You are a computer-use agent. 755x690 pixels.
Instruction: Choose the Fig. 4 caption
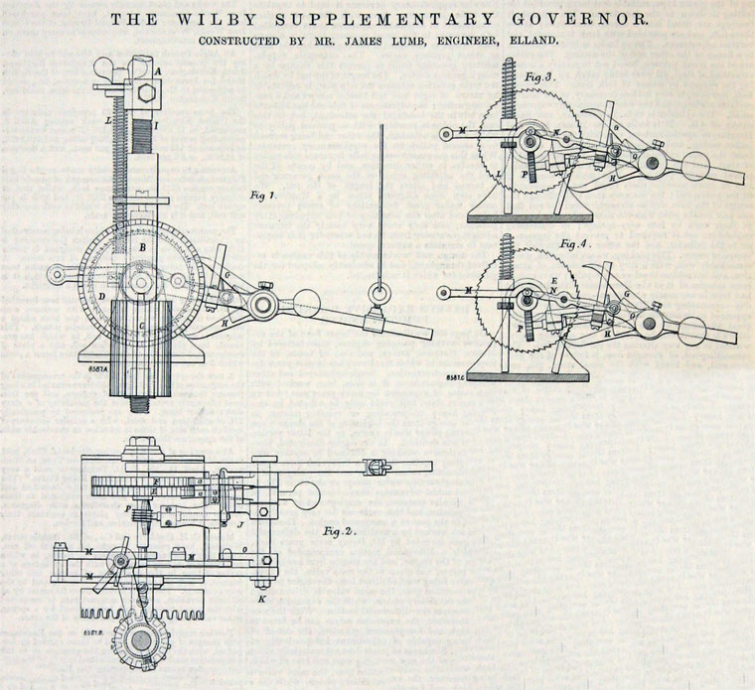click(x=571, y=243)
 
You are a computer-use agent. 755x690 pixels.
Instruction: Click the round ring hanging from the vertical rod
click(x=380, y=293)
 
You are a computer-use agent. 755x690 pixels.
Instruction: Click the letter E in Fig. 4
click(x=552, y=282)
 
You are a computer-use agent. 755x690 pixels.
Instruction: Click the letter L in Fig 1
click(x=107, y=119)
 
